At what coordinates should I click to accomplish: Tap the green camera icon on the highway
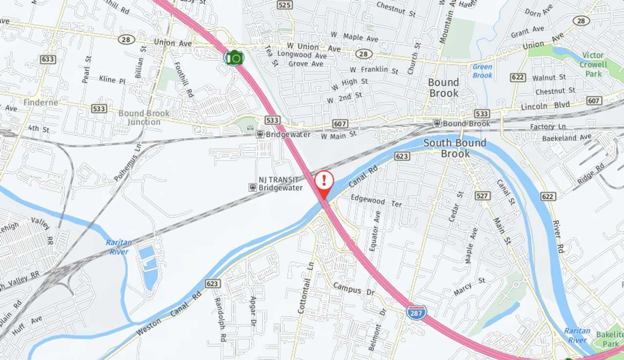point(234,58)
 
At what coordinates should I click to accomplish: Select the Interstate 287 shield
point(416,312)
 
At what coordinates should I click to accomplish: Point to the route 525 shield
point(285,5)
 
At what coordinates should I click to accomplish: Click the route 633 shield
point(48,60)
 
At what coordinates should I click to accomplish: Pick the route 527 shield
point(483,196)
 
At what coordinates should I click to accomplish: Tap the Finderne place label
point(40,102)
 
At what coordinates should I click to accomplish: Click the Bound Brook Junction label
point(144,118)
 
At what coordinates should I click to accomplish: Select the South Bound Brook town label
point(455,148)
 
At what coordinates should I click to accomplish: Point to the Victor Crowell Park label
point(593,64)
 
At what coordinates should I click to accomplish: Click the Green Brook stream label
point(482,71)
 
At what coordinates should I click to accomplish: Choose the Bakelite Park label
point(610,339)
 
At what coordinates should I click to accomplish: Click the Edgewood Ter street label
point(376,200)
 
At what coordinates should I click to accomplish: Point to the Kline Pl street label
point(112,80)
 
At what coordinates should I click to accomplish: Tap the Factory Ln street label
point(548,127)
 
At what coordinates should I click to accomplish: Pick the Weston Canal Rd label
point(169,314)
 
